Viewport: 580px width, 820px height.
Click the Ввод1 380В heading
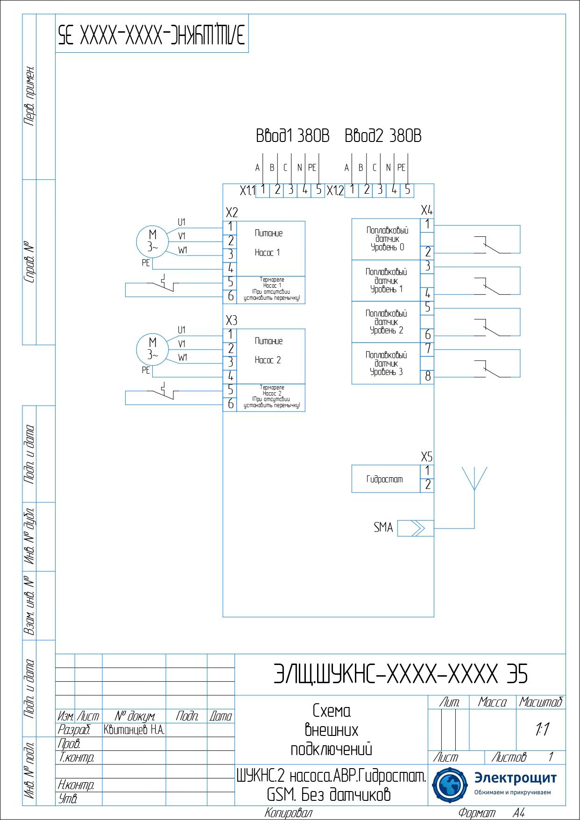click(292, 136)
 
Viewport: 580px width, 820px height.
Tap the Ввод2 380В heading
click(383, 136)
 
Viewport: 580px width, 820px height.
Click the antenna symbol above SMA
click(474, 479)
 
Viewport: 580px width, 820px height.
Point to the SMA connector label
click(383, 528)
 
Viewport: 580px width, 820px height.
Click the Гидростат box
click(385, 479)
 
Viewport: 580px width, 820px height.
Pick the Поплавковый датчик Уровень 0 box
click(386, 239)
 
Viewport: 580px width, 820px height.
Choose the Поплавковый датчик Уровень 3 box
click(386, 364)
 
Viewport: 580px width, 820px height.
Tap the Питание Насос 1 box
click(271, 248)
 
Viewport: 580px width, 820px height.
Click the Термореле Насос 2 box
click(271, 397)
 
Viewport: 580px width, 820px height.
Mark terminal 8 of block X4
click(428, 376)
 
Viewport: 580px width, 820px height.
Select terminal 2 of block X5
click(428, 485)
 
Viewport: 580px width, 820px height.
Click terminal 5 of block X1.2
click(408, 190)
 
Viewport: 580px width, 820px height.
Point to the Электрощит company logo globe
click(449, 785)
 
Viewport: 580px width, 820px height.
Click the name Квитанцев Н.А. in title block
click(134, 730)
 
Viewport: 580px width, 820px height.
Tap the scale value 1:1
click(542, 729)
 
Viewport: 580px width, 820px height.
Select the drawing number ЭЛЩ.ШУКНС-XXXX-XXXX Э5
click(400, 674)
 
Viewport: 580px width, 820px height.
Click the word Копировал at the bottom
click(288, 813)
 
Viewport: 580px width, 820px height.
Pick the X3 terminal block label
click(232, 320)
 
